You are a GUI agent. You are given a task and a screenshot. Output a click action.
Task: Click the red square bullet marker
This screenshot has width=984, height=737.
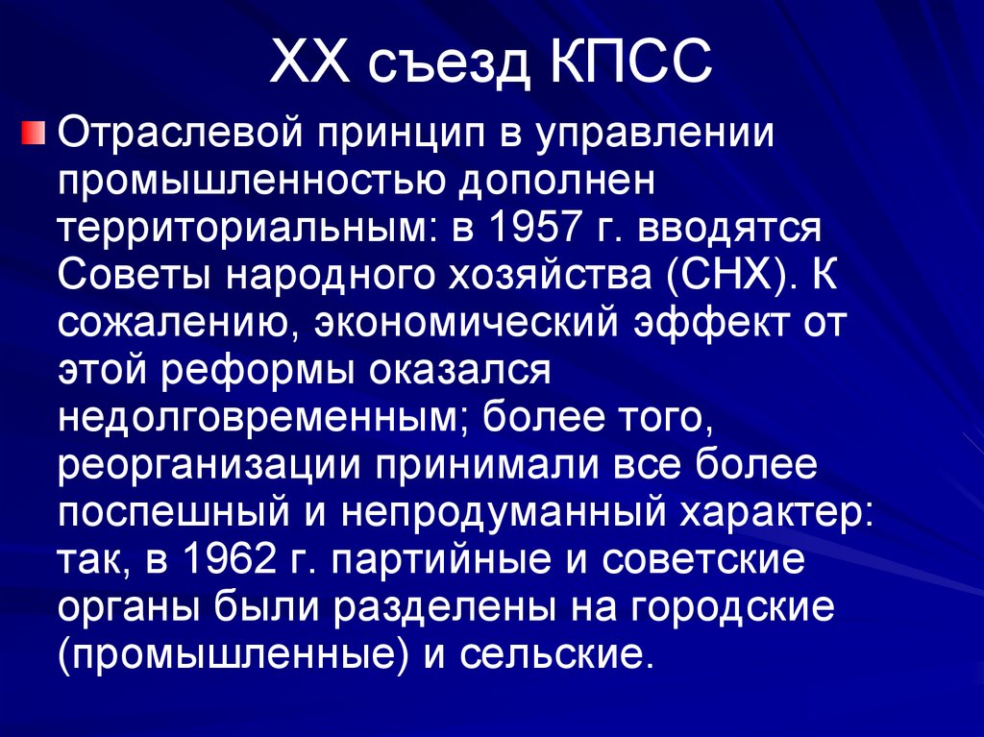pos(35,132)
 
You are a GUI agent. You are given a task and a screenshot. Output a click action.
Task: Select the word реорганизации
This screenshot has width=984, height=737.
pos(202,464)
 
